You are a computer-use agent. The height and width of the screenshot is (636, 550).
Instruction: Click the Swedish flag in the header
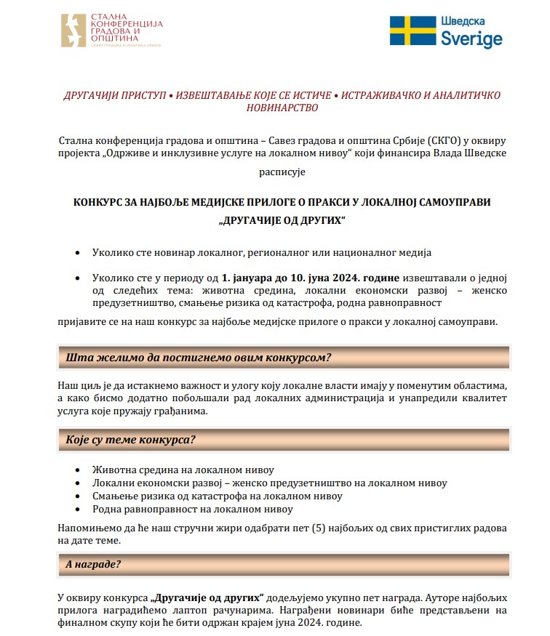point(412,31)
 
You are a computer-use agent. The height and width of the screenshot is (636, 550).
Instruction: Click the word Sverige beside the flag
point(471,39)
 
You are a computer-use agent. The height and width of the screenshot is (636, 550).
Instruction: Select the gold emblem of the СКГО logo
point(76,31)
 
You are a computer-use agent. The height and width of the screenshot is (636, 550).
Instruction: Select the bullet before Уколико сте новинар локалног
point(79,252)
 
